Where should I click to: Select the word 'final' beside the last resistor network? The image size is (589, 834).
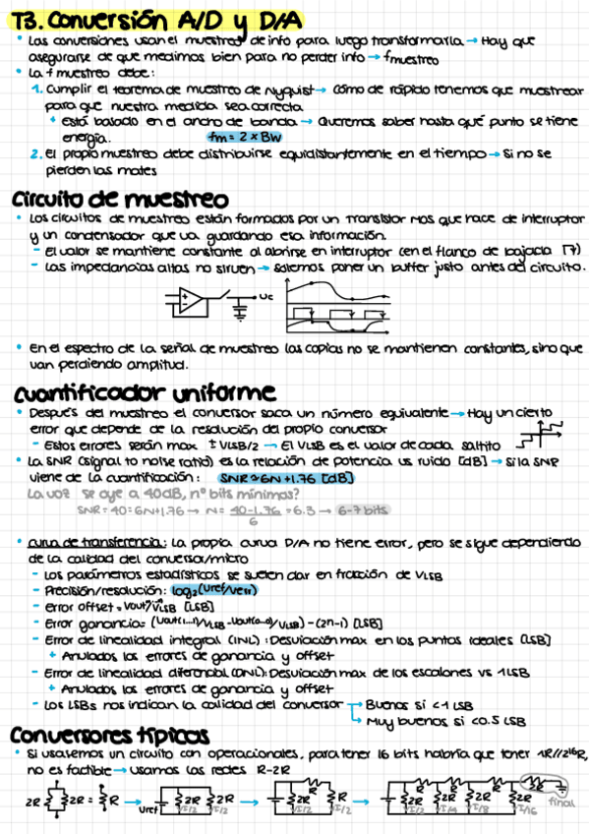tap(561, 801)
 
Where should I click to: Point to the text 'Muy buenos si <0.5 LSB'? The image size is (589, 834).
tap(431, 720)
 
